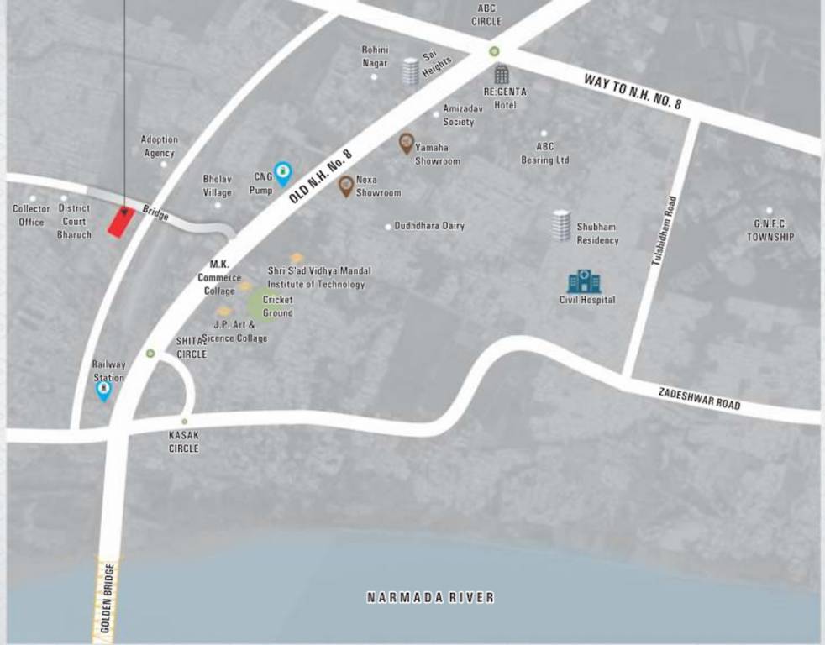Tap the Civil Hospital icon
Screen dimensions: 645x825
[585, 281]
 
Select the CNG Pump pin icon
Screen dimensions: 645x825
[283, 174]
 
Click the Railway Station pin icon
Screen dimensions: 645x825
[103, 391]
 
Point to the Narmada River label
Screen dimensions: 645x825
[430, 598]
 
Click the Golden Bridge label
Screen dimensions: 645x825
[107, 599]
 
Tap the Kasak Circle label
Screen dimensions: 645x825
[184, 442]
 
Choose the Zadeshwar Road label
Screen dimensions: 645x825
[699, 398]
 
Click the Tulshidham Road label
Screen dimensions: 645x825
[663, 232]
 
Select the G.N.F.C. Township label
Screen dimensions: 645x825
[770, 231]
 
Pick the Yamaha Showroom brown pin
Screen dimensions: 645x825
[406, 144]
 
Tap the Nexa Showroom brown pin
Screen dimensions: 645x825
[345, 186]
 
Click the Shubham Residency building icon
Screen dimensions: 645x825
[561, 226]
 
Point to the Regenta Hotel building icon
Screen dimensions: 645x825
[501, 75]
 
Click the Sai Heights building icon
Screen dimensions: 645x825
[410, 71]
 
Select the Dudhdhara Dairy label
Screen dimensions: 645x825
[429, 226]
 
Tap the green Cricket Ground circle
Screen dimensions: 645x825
[261, 304]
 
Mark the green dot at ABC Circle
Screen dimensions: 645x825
[495, 51]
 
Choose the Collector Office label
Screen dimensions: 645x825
[33, 215]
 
